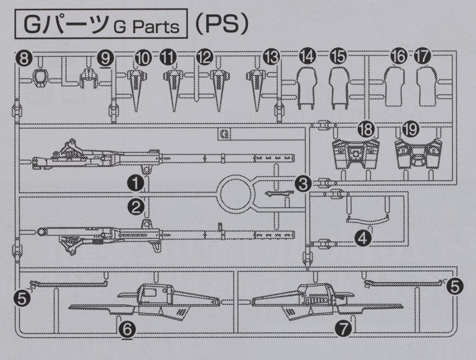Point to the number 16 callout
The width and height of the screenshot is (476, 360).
tap(399, 56)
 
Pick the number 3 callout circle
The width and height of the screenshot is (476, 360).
tap(303, 183)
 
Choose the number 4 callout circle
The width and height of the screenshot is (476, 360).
tap(363, 239)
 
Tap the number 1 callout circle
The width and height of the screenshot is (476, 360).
tap(136, 183)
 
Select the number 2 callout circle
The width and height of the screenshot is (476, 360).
tap(136, 206)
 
